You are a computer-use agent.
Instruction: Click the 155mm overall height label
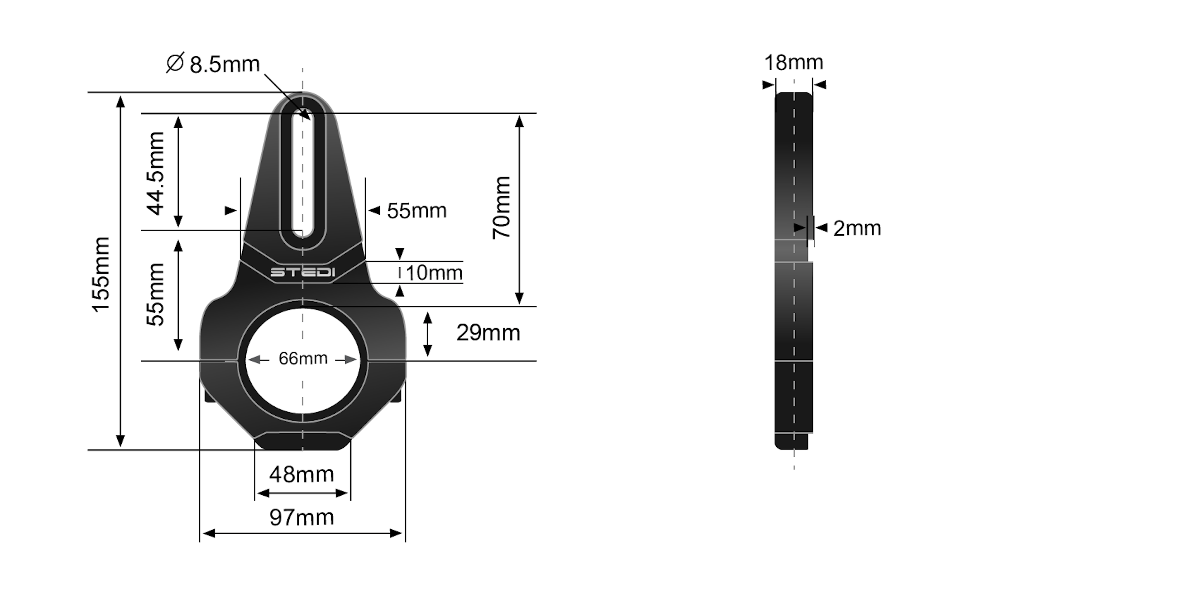click(101, 275)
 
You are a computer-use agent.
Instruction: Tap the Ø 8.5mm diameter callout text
click(214, 63)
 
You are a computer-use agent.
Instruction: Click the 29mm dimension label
click(487, 333)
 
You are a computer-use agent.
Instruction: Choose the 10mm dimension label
click(433, 273)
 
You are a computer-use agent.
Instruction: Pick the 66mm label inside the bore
click(303, 358)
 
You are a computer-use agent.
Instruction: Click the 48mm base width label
click(301, 474)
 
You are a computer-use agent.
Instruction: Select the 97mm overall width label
click(301, 517)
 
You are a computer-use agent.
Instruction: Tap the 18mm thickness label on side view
click(793, 63)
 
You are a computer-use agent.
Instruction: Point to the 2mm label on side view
click(856, 228)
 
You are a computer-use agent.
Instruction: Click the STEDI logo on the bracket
click(302, 272)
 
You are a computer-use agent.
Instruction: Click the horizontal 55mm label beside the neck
click(416, 211)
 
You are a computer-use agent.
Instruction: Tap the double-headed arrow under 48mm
click(302, 493)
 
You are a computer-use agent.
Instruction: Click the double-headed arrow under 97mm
click(302, 533)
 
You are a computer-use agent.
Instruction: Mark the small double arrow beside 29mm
click(427, 334)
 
